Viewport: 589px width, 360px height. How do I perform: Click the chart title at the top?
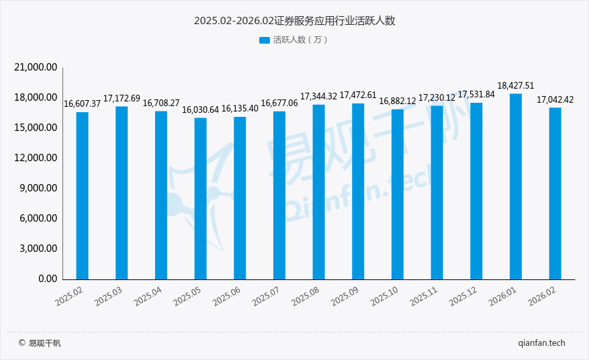(294, 21)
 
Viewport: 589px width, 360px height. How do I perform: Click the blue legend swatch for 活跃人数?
(264, 40)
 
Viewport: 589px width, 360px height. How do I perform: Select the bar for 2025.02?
(82, 195)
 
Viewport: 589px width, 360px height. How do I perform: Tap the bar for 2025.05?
(200, 198)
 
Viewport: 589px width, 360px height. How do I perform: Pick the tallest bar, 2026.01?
(516, 186)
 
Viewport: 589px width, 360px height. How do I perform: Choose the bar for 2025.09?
(358, 191)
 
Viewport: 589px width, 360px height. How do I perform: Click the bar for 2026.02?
(555, 193)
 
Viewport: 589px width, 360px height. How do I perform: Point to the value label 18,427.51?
(516, 85)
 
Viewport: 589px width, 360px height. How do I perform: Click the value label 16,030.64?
(201, 109)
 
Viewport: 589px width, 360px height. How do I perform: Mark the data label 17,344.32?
(318, 97)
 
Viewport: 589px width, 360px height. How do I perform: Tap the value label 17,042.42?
(555, 99)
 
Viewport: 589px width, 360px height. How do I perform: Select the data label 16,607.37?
(82, 103)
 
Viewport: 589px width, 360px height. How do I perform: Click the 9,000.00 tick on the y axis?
(38, 188)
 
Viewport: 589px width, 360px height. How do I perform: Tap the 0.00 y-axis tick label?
(47, 279)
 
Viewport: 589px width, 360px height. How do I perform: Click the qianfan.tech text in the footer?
(542, 343)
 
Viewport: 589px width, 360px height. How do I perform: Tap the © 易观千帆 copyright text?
(40, 343)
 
